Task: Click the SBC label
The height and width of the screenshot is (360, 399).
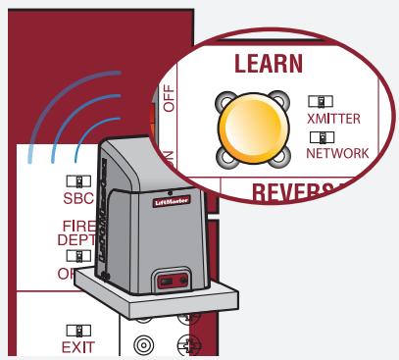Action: (x=78, y=197)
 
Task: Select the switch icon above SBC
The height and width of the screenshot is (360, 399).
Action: (x=78, y=181)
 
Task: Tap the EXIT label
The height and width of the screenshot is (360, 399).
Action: (x=78, y=346)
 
